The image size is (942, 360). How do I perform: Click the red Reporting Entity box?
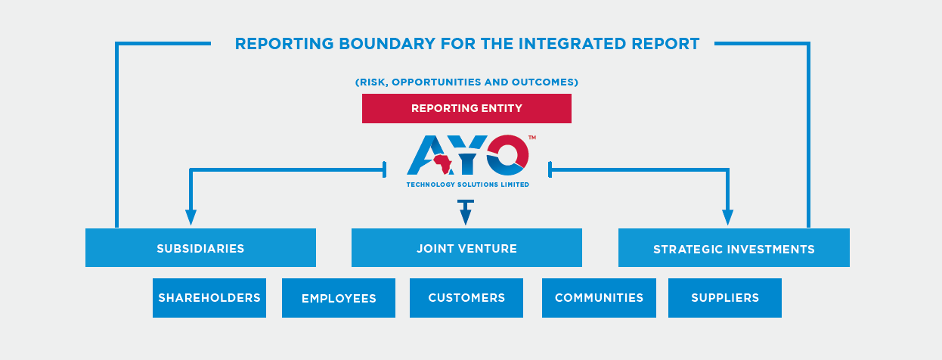(466, 108)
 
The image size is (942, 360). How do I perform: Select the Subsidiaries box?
(200, 248)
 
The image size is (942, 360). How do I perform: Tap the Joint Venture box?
(466, 248)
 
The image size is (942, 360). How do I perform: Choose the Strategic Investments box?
(734, 248)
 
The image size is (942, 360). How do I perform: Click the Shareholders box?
(209, 298)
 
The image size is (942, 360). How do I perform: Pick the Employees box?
(339, 298)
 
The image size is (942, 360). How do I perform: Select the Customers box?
(466, 298)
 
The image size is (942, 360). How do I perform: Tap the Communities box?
(599, 298)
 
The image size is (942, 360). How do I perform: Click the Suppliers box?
(725, 298)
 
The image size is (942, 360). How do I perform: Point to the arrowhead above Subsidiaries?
(191, 217)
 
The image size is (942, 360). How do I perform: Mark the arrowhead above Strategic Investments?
(727, 217)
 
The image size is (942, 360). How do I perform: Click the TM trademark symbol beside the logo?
(532, 138)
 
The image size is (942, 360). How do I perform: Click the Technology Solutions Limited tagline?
(468, 185)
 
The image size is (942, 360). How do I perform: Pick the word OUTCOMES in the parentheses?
(543, 82)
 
